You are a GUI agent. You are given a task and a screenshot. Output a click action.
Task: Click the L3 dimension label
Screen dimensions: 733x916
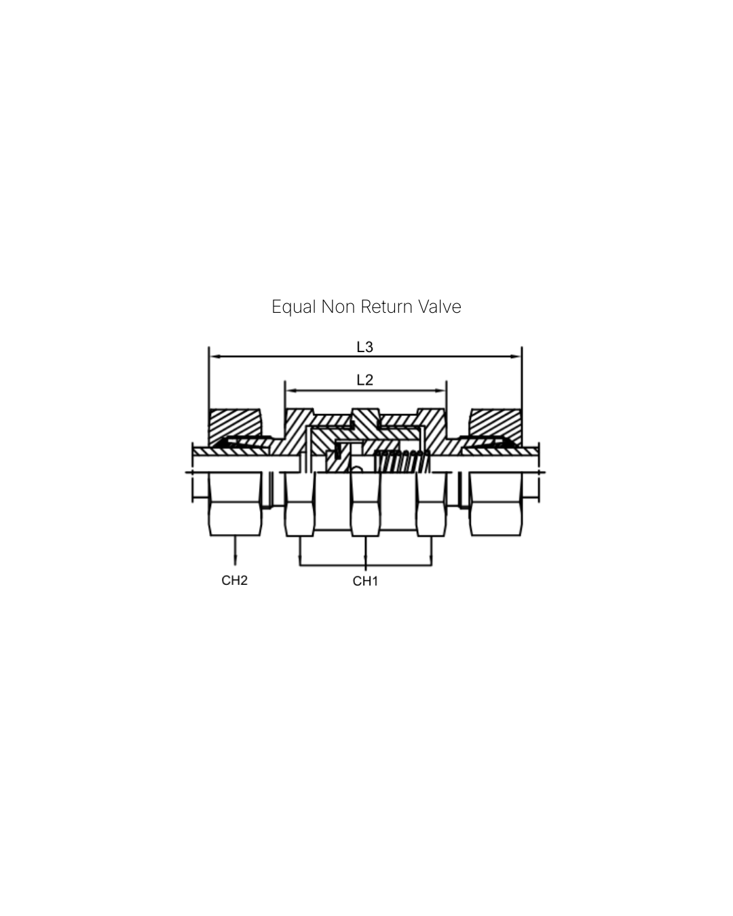click(365, 347)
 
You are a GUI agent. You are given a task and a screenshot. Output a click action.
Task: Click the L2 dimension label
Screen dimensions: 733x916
click(365, 380)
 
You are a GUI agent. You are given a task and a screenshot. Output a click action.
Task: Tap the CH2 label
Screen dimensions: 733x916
click(235, 581)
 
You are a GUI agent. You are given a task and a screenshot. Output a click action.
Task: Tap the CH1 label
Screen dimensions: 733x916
click(365, 581)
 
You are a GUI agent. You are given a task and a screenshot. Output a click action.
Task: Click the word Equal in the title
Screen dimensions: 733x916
click(293, 307)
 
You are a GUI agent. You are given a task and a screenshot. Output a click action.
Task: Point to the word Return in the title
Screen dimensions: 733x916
click(386, 307)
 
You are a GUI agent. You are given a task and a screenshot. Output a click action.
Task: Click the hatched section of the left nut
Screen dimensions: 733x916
click(234, 423)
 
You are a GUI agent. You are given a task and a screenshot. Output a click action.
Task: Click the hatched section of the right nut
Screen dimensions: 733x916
click(496, 423)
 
